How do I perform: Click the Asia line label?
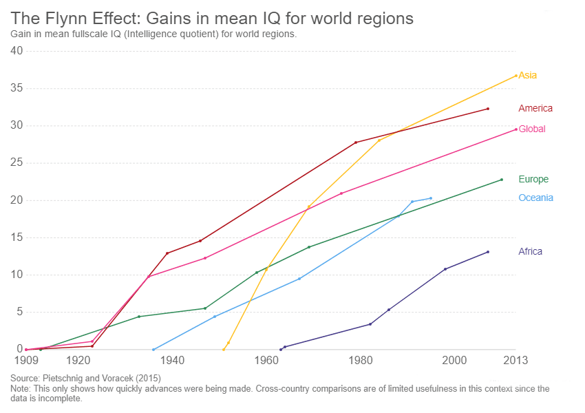[528, 75]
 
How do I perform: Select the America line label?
[535, 108]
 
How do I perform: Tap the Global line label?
[532, 129]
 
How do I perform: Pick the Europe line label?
[533, 179]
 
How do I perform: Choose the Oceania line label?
[535, 198]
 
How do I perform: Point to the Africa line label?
[530, 251]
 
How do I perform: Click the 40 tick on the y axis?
[17, 51]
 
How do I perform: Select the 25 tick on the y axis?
[17, 163]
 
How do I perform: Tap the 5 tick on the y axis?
[19, 312]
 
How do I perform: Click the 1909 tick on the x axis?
[26, 360]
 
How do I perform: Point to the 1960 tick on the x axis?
[266, 360]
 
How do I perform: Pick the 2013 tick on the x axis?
[515, 360]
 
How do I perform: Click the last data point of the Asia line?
[515, 76]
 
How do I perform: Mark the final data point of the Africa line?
[488, 252]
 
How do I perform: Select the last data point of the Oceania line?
[431, 198]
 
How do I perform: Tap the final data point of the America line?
[488, 109]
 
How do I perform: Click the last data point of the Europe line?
[501, 180]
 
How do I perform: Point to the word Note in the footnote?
[21, 389]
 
